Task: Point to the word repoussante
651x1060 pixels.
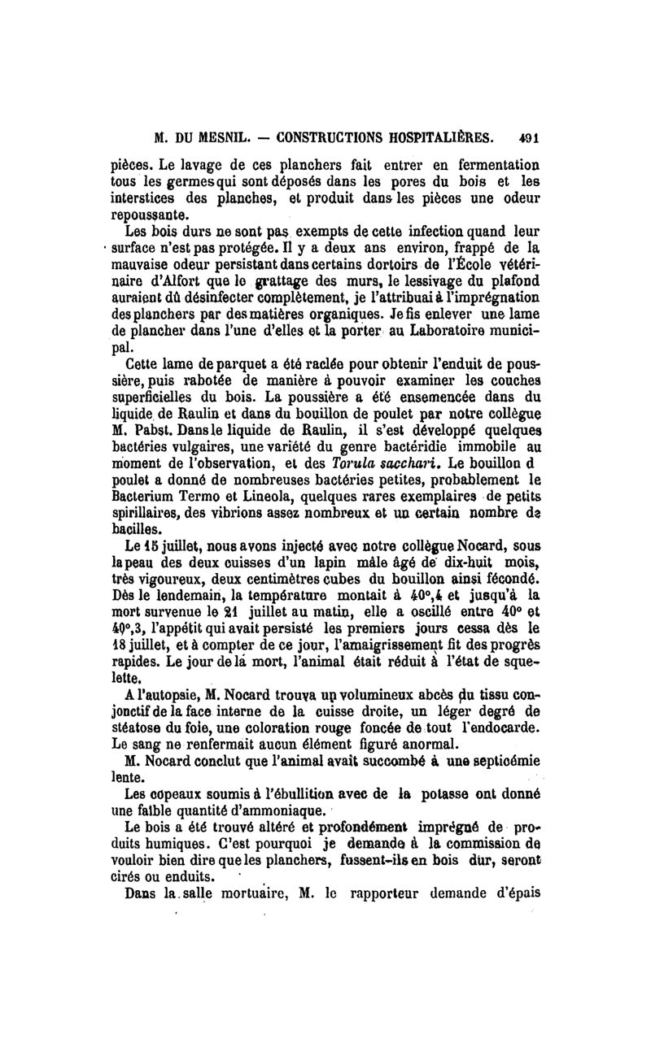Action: tap(146, 218)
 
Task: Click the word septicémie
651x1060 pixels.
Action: tap(505, 761)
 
